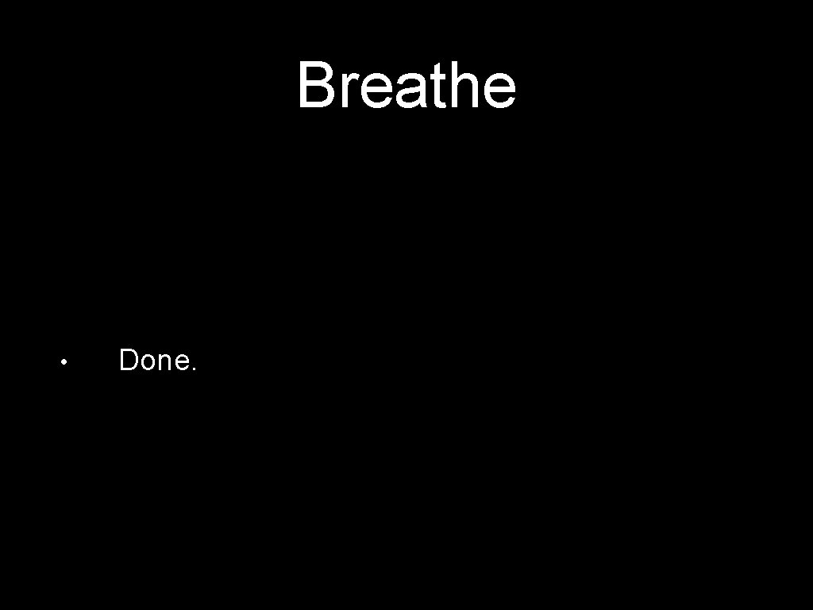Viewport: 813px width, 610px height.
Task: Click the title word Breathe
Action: [x=406, y=86]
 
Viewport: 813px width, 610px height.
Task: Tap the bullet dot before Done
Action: [x=64, y=362]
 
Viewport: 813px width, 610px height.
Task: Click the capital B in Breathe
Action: [x=316, y=86]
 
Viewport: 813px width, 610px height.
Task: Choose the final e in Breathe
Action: [x=499, y=92]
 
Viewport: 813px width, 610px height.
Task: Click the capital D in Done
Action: [x=129, y=361]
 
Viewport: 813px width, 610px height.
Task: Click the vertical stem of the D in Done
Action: [x=122, y=361]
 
